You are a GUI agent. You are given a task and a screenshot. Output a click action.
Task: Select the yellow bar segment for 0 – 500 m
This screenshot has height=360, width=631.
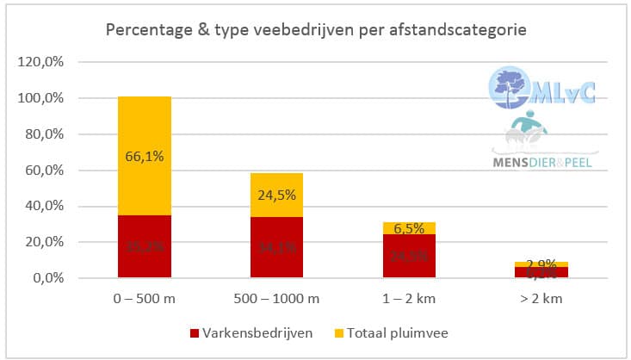pyautogui.click(x=145, y=155)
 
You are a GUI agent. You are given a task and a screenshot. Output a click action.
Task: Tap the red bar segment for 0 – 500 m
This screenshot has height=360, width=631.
pyautogui.click(x=145, y=246)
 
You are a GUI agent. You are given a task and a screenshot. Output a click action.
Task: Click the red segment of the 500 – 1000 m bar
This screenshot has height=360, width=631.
pyautogui.click(x=276, y=247)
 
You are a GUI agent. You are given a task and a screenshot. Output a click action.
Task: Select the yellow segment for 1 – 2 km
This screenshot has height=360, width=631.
pyautogui.click(x=409, y=227)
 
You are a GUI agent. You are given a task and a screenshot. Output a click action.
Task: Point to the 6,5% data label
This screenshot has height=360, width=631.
pyautogui.click(x=409, y=228)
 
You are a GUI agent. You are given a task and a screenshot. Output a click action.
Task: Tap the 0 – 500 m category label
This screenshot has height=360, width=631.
pyautogui.click(x=145, y=298)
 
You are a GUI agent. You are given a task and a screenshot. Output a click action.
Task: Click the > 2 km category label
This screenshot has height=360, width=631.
pyautogui.click(x=541, y=298)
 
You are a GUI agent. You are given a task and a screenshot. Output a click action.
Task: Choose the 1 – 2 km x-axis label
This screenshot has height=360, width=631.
pyautogui.click(x=409, y=298)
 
